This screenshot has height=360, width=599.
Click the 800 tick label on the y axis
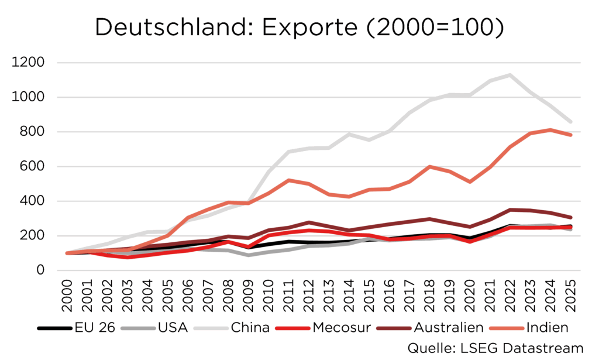[x=33, y=132]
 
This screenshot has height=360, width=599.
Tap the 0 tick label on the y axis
[x=40, y=270]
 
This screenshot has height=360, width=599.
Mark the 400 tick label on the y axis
[x=33, y=201]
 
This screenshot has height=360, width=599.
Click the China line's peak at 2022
[x=510, y=75]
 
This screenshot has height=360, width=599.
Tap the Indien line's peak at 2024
[x=550, y=130]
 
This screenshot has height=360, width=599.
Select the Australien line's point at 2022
[x=510, y=210]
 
